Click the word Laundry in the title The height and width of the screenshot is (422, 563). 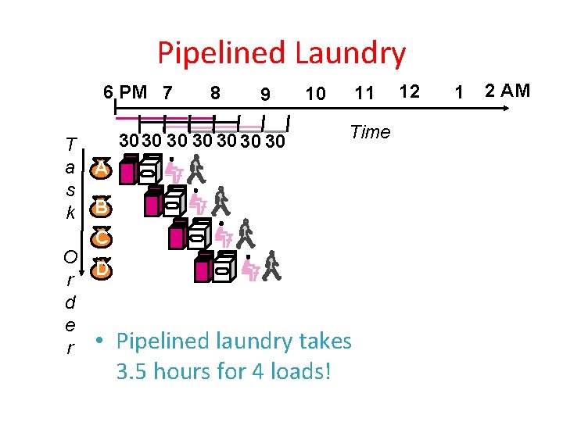pyautogui.click(x=350, y=53)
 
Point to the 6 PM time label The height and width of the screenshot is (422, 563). pyautogui.click(x=125, y=92)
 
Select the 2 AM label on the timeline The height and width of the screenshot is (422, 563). pyautogui.click(x=507, y=91)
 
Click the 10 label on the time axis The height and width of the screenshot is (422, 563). pyautogui.click(x=315, y=95)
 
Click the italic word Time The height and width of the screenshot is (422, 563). pyautogui.click(x=370, y=132)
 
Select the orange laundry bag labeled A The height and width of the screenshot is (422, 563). pyautogui.click(x=100, y=168)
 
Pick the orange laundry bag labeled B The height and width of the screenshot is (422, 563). pyautogui.click(x=100, y=207)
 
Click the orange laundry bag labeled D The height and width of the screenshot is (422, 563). pyautogui.click(x=100, y=268)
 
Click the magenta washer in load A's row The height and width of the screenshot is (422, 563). pyautogui.click(x=128, y=170)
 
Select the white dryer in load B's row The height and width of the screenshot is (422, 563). pyautogui.click(x=174, y=202)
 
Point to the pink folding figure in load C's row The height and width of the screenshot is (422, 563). pyautogui.click(x=224, y=234)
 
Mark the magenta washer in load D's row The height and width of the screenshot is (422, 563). pyautogui.click(x=203, y=268)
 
